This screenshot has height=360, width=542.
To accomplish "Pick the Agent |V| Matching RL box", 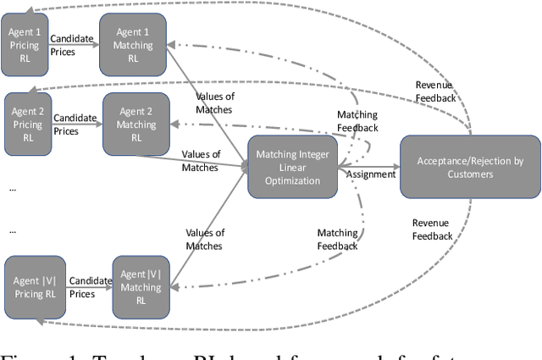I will tap(141, 280).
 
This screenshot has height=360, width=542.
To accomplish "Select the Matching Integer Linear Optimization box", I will tap(293, 165).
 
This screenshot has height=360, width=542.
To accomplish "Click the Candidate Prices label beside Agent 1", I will tap(72, 45).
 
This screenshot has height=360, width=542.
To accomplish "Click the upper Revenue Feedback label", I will tap(434, 91).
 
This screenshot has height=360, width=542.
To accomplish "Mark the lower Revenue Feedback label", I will tap(432, 230).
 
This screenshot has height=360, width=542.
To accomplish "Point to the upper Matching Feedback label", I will tap(357, 121).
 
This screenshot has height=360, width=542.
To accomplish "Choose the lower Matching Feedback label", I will tap(337, 239).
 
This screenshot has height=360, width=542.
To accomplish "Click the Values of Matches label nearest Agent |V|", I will tap(204, 239).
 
